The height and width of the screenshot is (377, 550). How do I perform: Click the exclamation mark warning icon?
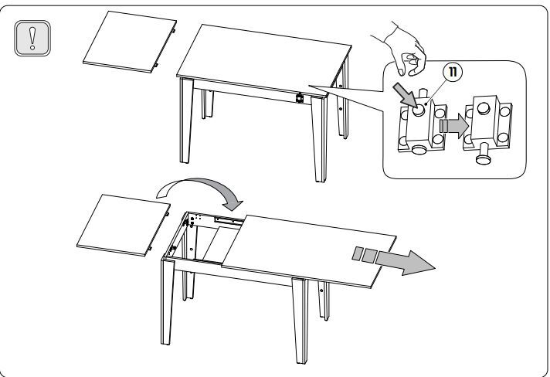(x=32, y=38)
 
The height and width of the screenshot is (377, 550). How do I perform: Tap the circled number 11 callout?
(x=453, y=72)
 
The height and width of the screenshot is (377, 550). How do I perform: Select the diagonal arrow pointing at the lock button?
(x=405, y=94)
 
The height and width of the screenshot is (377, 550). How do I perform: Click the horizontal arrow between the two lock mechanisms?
(x=454, y=126)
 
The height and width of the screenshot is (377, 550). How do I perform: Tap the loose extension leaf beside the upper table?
(x=130, y=42)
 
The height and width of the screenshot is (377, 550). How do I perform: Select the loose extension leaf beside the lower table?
(x=123, y=225)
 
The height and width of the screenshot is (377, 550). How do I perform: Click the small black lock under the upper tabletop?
(x=300, y=98)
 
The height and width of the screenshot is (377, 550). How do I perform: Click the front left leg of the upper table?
(x=186, y=121)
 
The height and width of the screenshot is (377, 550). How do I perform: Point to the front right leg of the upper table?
(x=319, y=139)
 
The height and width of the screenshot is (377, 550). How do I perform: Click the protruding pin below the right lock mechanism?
(x=482, y=153)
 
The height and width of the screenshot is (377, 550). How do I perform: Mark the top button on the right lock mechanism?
(x=484, y=108)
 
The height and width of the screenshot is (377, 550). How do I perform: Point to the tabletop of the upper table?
(x=263, y=59)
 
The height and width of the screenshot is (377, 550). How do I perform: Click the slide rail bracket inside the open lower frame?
(x=229, y=220)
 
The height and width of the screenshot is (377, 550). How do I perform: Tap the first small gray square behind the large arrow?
(x=358, y=253)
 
